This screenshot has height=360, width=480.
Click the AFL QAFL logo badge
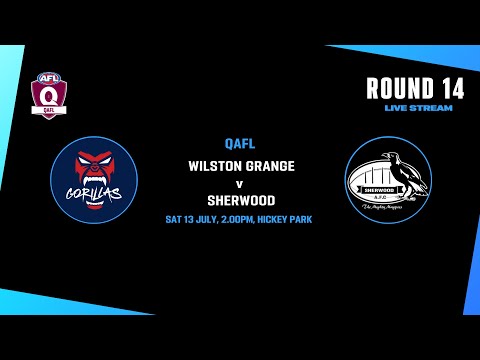46,94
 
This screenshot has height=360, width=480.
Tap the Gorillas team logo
94,179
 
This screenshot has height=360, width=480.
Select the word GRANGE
268,165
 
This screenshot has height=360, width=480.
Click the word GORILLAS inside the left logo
93,190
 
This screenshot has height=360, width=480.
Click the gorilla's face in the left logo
94,163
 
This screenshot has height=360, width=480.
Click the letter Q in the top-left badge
46,97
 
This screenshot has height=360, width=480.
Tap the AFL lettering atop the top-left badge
46,78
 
